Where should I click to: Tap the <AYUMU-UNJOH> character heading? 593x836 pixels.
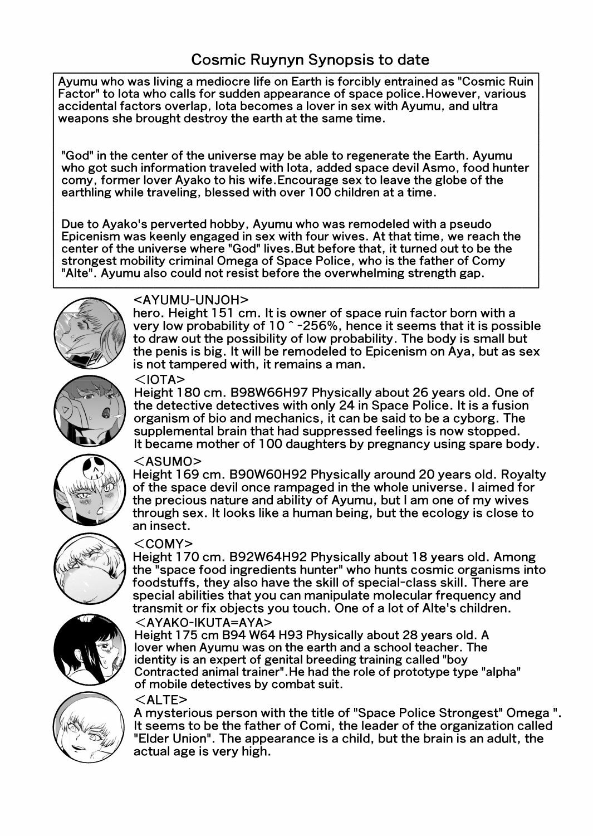pos(192,299)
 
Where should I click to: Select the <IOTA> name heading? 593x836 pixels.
pos(160,379)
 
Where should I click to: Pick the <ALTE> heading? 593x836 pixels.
pos(161,700)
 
